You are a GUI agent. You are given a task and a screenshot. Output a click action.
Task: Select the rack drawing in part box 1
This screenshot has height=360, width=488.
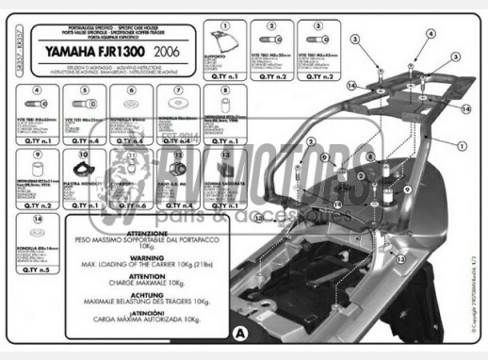224,41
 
